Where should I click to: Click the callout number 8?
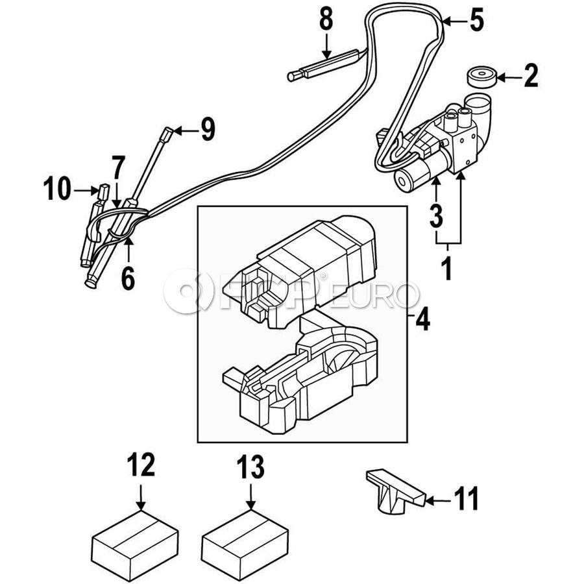(326, 19)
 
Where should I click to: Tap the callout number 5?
(477, 21)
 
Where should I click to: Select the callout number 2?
(531, 76)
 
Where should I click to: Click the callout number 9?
(208, 129)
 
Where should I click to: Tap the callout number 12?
(141, 465)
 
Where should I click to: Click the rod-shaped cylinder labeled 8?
(325, 66)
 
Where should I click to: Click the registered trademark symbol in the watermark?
(323, 276)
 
